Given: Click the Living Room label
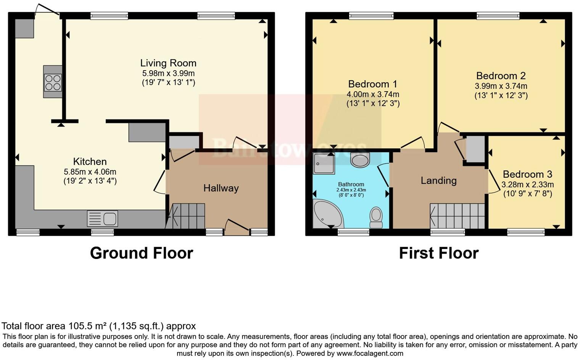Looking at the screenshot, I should pos(168,63).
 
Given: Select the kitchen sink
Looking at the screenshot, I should pos(103,219).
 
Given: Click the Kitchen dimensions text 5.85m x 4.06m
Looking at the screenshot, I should pos(90,172).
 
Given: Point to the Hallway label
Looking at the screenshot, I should pos(221,188).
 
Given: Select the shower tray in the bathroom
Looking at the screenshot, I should pos(323,163).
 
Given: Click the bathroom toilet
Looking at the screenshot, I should pos(376,217).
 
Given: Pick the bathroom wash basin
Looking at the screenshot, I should pos(360,160).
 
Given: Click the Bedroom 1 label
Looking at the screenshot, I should pos(373,84).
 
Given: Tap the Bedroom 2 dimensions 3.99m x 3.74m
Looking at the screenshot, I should pos(501,86).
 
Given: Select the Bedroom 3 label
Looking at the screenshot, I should pos(527,174).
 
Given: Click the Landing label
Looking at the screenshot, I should pos(438,180).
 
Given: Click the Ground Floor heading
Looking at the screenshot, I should pos(142,253).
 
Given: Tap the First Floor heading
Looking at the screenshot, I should pos(438,253).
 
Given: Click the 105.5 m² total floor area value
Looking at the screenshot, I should pos(88,326).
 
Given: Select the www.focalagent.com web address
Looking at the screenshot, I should pos(370,353).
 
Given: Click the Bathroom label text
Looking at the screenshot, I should pos(351,184).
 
